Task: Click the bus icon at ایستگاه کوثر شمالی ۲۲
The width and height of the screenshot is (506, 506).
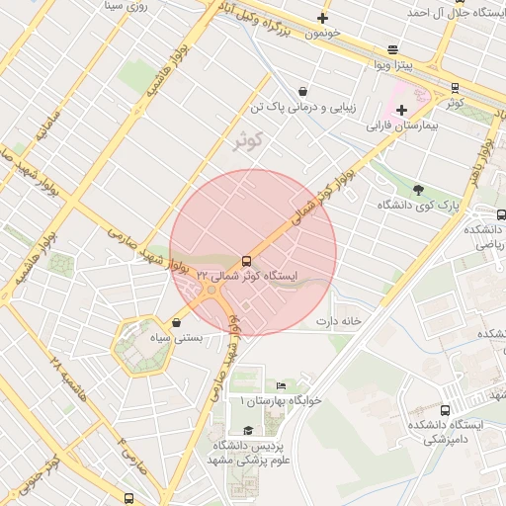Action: click(246, 262)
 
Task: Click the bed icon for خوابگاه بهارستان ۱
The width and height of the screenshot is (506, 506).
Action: click(282, 385)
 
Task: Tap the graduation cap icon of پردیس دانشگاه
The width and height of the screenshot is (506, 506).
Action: click(248, 431)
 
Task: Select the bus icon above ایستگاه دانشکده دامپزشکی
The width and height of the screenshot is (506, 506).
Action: click(445, 410)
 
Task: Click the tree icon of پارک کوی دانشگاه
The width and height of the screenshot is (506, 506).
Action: click(418, 189)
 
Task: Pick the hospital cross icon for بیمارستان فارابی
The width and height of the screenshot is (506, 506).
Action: click(400, 110)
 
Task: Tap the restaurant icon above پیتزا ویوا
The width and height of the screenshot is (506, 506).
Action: click(393, 49)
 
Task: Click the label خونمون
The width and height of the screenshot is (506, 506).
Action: click(322, 33)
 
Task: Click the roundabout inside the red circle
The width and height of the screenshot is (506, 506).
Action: click(211, 290)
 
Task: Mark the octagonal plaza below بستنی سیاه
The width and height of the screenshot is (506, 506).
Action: click(136, 347)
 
